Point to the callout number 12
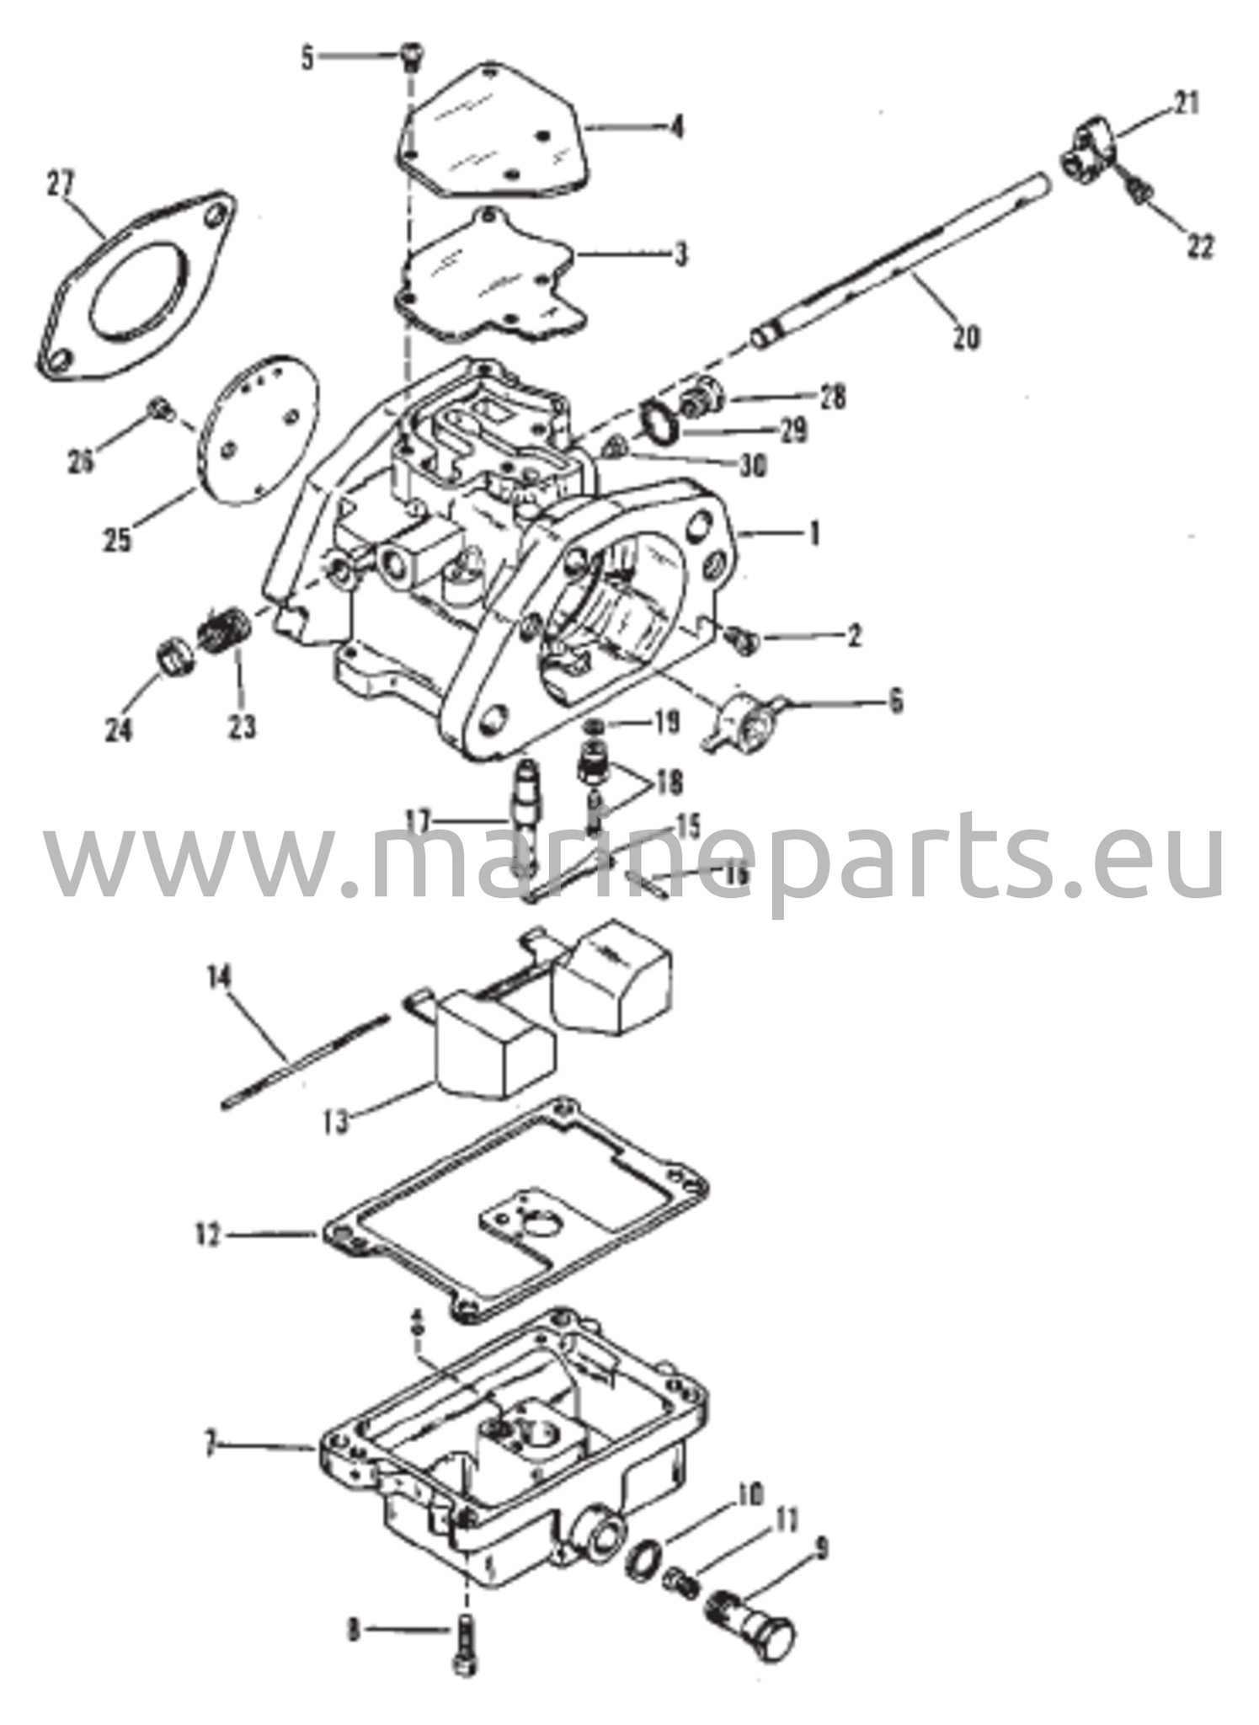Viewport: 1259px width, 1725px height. click(205, 1236)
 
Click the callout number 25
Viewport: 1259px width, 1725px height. click(118, 538)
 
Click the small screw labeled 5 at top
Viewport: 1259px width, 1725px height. click(412, 56)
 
